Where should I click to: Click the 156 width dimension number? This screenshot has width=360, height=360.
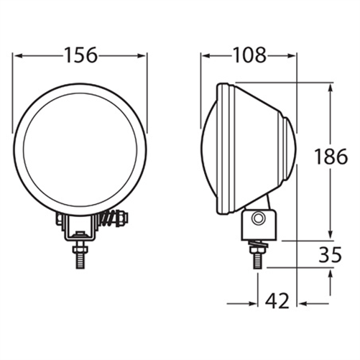coord(80,55)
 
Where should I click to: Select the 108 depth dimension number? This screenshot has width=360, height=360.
coord(249,55)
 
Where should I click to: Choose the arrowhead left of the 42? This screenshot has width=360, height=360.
coord(253,303)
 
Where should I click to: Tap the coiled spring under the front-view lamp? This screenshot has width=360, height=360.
coord(109,217)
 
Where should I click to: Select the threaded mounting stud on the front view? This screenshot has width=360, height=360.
coord(80,254)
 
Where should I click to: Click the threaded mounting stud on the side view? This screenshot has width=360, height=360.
coord(257,255)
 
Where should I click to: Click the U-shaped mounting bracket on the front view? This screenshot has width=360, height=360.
coord(80,229)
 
